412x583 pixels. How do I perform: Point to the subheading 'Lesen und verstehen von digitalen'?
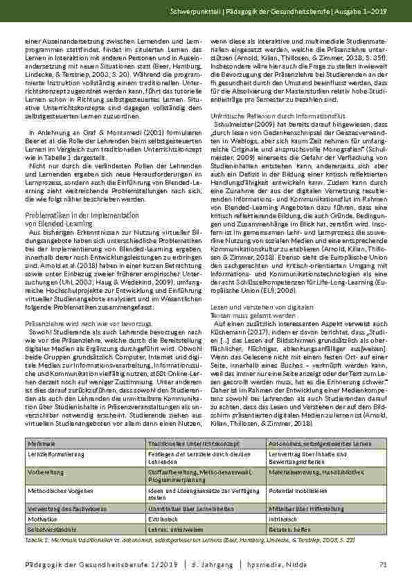[258, 306]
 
